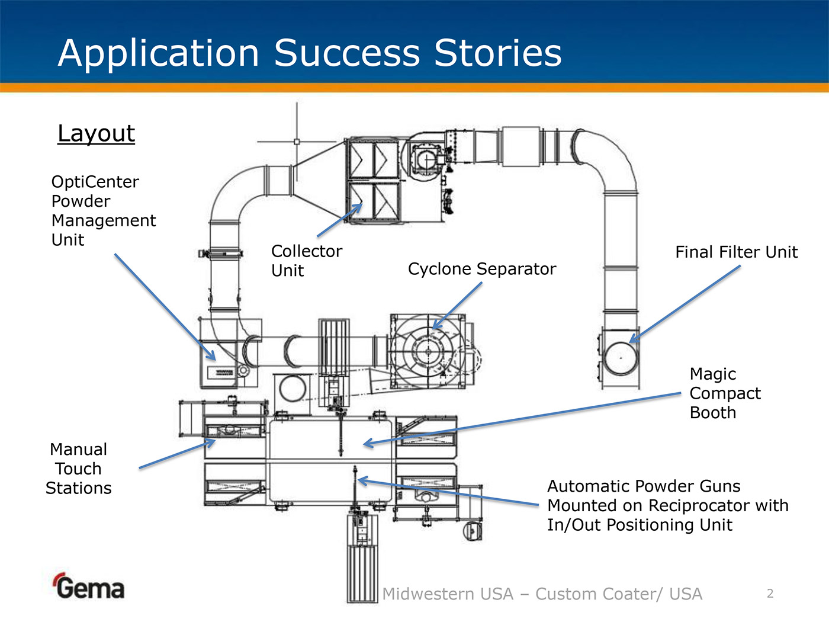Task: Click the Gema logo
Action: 89,586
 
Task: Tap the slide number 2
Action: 770,594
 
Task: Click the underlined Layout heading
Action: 97,134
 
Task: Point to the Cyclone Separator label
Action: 482,269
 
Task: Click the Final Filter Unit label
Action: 736,252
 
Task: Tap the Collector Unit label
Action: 306,261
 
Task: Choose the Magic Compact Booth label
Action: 725,393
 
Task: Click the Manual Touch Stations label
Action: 79,469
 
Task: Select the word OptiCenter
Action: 95,182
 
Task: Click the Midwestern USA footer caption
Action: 542,594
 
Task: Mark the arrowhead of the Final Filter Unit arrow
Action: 631,341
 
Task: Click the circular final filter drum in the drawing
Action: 621,358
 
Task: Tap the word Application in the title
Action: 159,53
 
